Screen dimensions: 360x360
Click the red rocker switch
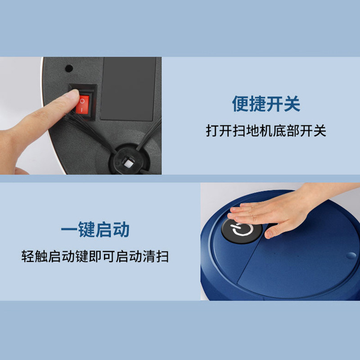coord(82,104)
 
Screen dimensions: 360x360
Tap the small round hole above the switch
coord(69,68)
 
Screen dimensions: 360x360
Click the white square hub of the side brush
coord(128,163)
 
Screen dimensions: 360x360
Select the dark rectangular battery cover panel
coord(128,89)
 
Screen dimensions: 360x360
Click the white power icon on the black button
coord(242,230)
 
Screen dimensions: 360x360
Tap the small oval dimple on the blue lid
coord(351,256)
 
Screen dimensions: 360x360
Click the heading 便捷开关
coord(266,104)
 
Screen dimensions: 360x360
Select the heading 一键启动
coord(95,229)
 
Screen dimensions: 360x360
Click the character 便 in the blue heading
coord(240,104)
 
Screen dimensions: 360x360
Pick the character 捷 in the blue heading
coord(257,104)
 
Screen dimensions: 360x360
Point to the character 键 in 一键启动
coord(86,229)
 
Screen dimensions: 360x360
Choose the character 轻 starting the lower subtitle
coord(28,256)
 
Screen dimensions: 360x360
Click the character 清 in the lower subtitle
coord(149,256)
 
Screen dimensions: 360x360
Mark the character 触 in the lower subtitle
coord(41,256)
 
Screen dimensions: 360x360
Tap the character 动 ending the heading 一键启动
coord(121,229)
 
